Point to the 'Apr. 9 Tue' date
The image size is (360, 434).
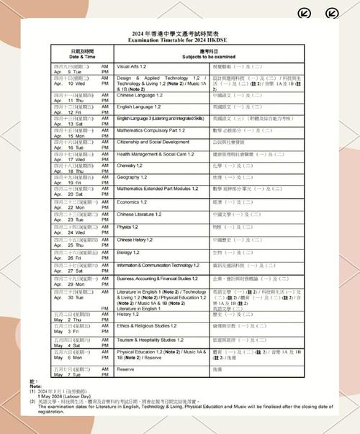click(x=69, y=71)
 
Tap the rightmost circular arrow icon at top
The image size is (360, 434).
click(x=332, y=12)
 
